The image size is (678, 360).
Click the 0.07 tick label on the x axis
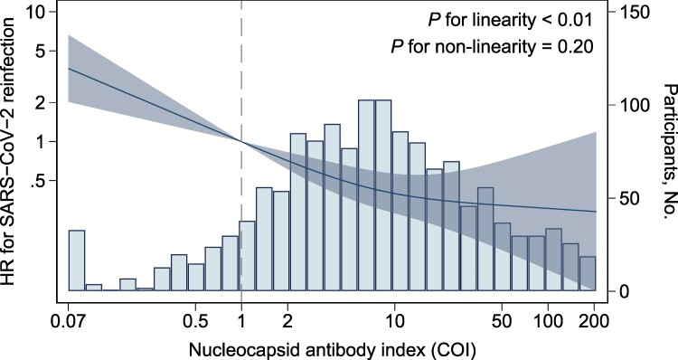click(x=69, y=322)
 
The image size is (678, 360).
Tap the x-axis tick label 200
click(x=594, y=322)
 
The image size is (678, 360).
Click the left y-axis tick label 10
click(x=36, y=12)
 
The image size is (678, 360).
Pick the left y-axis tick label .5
click(x=39, y=180)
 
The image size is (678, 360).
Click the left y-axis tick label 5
click(x=42, y=51)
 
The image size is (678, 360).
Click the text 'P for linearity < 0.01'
click(x=510, y=20)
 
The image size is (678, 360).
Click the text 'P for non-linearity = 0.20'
click(x=492, y=46)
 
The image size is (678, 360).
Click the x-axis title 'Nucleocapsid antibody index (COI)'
click(x=332, y=350)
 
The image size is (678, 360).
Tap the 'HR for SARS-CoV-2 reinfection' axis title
click(x=10, y=153)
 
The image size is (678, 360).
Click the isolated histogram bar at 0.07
click(x=77, y=261)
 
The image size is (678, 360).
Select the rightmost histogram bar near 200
click(x=588, y=273)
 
